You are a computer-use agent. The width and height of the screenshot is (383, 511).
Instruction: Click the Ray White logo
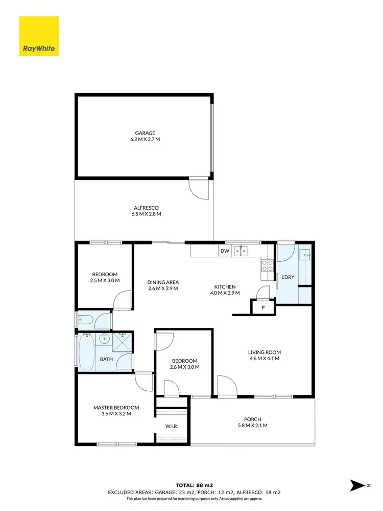pyautogui.click(x=39, y=36)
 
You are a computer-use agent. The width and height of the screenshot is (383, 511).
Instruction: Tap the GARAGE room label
pyautogui.click(x=145, y=133)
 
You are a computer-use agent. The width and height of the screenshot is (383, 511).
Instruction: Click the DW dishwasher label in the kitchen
pyautogui.click(x=225, y=251)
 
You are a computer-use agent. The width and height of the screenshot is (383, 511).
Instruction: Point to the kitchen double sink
pyautogui.click(x=241, y=251)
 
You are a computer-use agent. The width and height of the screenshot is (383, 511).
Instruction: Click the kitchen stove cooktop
pyautogui.click(x=267, y=265)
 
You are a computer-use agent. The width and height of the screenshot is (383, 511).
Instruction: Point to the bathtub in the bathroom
pyautogui.click(x=86, y=352)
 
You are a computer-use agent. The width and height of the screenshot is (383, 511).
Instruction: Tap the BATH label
pyautogui.click(x=106, y=359)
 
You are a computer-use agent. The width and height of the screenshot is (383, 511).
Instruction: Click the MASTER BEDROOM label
pyautogui.click(x=116, y=408)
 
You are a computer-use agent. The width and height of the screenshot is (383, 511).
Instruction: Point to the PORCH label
pyautogui.click(x=252, y=419)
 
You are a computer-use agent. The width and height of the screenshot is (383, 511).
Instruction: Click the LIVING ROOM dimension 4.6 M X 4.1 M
pyautogui.click(x=265, y=359)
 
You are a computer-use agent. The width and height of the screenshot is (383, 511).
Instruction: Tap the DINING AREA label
pyautogui.click(x=163, y=282)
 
